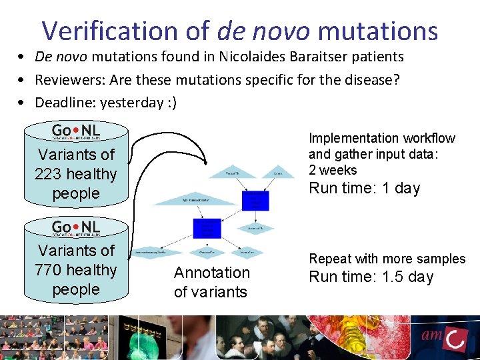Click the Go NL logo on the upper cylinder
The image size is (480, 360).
point(76,131)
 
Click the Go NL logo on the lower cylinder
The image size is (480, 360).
point(76,228)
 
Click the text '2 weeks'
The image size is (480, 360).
point(333,170)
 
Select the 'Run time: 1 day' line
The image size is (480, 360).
point(364,188)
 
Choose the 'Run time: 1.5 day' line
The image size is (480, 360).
point(371,277)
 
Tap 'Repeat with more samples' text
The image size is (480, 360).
point(387,259)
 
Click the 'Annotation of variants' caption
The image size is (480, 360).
point(211,282)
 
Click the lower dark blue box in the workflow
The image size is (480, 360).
point(207,228)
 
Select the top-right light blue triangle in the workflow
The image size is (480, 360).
point(278,173)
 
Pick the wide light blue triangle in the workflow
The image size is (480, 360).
point(190,199)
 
